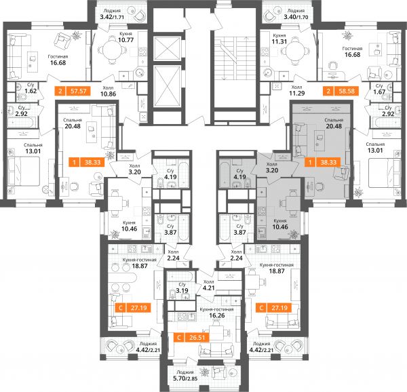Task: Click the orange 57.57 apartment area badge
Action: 73,91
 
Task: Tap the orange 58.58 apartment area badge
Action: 341,91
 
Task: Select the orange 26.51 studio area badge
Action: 191,338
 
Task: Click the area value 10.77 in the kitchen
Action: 125,40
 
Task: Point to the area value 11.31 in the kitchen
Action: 279,41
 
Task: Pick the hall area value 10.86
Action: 109,94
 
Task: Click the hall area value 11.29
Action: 297,93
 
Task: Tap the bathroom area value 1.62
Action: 31,91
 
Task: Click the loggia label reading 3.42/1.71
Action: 112,18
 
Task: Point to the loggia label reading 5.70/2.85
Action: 185,378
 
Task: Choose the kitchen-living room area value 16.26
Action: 217,315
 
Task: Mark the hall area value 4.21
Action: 208,288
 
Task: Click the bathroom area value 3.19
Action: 182,290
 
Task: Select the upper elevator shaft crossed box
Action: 167,49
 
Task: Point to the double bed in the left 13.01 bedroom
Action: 24,171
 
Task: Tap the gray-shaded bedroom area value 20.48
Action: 334,126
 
